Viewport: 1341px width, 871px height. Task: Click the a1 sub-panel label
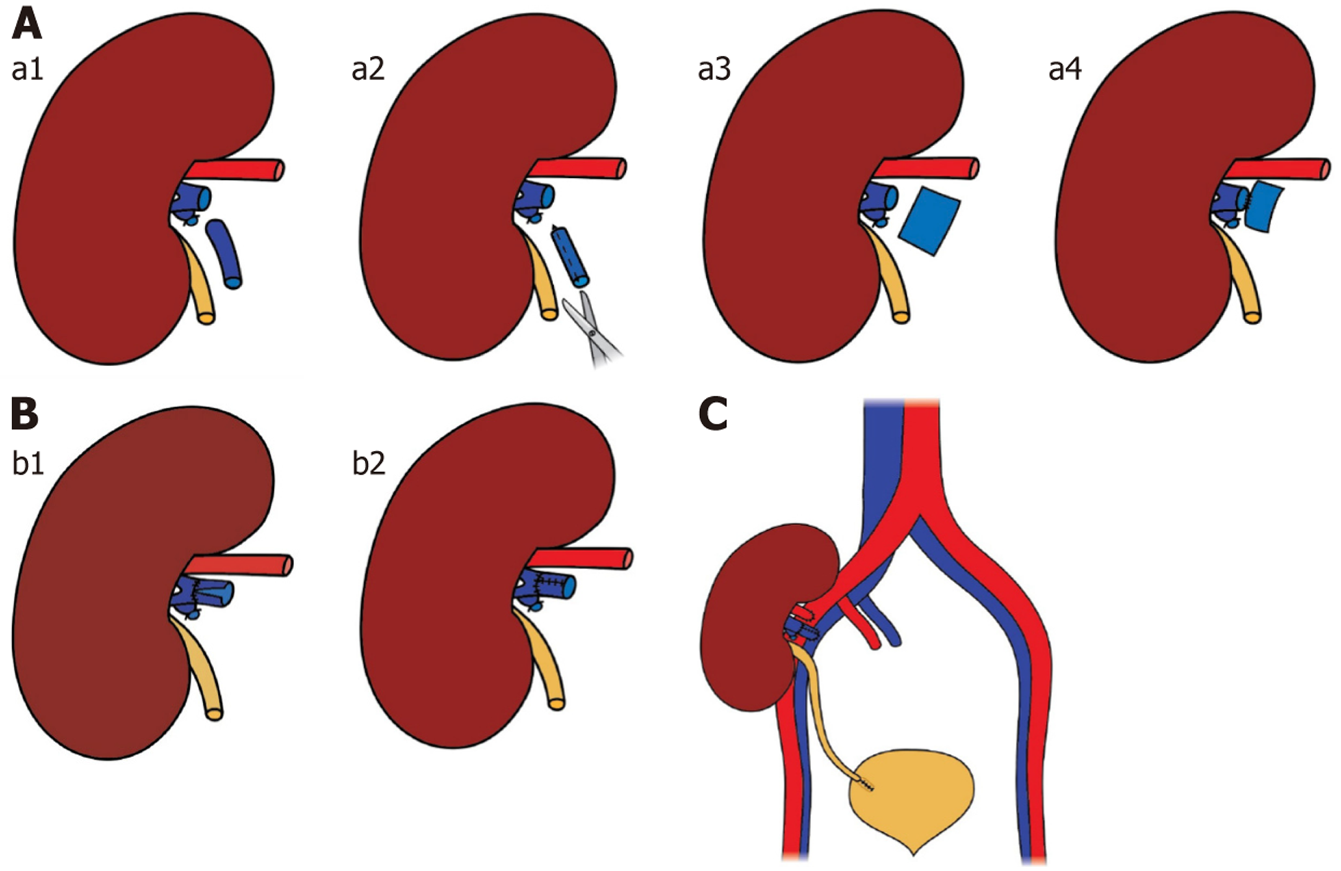(x=27, y=70)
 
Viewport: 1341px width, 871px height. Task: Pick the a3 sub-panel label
(x=714, y=70)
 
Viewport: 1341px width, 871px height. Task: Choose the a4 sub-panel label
(x=1064, y=70)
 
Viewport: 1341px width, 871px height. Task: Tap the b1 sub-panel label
(x=28, y=464)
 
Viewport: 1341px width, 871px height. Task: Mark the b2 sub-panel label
(x=368, y=464)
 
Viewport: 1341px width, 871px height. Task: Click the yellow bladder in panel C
(x=913, y=800)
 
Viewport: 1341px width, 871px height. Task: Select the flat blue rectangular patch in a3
(x=931, y=221)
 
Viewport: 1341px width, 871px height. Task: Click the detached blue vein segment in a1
(x=224, y=254)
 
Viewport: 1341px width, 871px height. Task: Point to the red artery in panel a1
(x=238, y=171)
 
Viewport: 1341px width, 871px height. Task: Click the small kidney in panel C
(x=750, y=620)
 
